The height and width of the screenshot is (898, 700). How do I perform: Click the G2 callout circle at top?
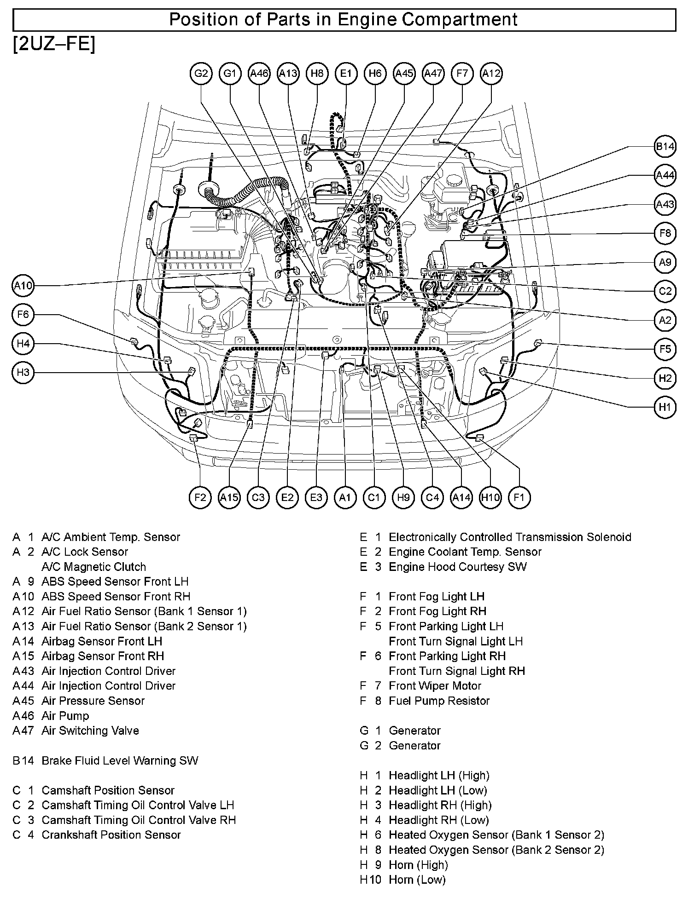201,74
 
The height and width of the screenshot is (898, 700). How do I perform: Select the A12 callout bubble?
491,74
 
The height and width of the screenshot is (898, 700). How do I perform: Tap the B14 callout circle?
665,147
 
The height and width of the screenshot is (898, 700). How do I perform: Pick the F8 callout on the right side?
665,233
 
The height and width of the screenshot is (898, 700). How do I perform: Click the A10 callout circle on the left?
23,286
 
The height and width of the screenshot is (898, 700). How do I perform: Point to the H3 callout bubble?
23,372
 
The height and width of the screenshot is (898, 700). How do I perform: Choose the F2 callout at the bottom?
200,497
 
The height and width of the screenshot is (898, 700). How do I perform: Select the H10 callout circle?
490,497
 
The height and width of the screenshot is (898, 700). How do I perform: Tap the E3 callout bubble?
316,497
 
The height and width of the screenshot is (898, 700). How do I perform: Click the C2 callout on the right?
665,291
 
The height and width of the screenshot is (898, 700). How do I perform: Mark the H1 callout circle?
665,407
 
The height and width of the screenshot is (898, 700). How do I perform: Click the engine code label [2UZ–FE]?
54,45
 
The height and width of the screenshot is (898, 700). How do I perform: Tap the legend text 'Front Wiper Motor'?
435,686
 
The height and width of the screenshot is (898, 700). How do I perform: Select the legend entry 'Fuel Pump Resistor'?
439,701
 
